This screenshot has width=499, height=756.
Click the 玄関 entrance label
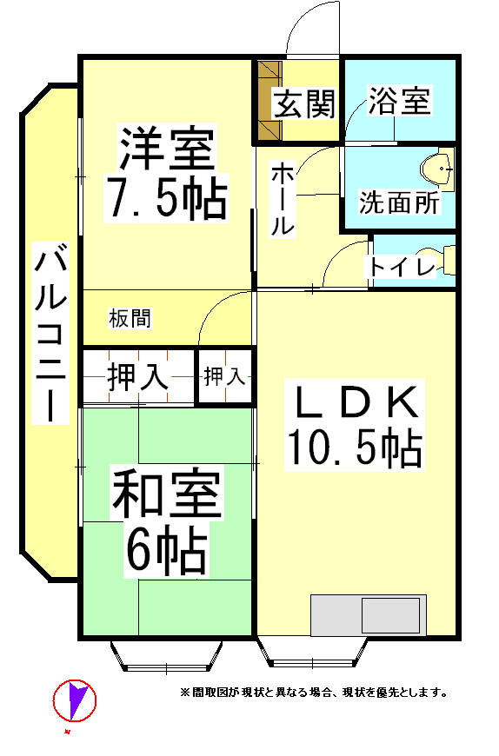[303, 103]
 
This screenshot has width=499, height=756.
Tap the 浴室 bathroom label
[399, 101]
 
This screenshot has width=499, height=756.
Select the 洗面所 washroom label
[399, 203]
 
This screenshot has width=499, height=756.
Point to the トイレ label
[403, 267]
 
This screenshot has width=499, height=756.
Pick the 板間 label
[130, 318]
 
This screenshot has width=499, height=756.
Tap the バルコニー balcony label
[50, 333]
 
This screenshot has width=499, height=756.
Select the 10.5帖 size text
[355, 448]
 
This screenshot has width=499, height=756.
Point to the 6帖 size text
[166, 551]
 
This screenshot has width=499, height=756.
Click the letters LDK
[356, 402]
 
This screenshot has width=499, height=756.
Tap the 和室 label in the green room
[166, 492]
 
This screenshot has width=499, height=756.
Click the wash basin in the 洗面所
[437, 169]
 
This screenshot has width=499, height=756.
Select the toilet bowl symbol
[436, 260]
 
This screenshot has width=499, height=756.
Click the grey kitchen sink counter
[369, 615]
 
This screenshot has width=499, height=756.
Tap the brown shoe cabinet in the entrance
[269, 101]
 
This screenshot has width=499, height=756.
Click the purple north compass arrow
[76, 700]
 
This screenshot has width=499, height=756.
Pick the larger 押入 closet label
[138, 377]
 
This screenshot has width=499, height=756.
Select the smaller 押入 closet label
[224, 376]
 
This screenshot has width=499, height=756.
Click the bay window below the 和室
[166, 656]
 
